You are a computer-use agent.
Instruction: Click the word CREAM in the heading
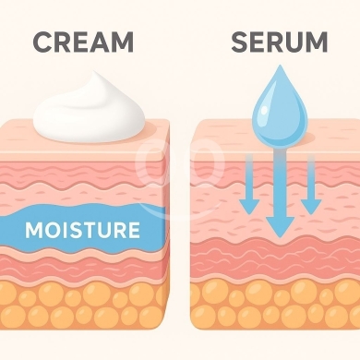pos(83,42)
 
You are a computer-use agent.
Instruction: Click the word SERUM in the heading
pos(280,42)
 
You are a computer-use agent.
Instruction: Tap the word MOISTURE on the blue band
pos(82,230)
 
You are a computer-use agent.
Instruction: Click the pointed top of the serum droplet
pos(280,66)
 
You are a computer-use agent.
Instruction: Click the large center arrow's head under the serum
pos(280,226)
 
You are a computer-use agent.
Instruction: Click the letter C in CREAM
pos(42,42)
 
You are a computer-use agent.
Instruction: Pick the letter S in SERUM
pos(240,42)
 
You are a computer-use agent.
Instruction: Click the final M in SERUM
pos(317,42)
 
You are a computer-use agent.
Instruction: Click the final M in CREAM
pos(122,42)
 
